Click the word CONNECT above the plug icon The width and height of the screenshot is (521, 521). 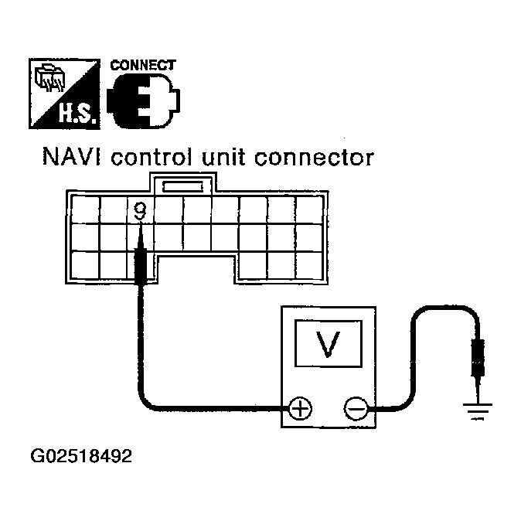[143, 65]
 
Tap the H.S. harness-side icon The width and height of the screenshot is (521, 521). [64, 94]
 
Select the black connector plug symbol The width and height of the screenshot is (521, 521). [144, 101]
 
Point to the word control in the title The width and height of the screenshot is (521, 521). [152, 157]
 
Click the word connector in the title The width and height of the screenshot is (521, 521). [314, 158]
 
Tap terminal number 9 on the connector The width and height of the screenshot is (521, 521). [141, 211]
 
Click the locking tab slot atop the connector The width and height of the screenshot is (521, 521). [182, 187]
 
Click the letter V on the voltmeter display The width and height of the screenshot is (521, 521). [329, 344]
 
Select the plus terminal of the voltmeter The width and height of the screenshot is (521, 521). [300, 408]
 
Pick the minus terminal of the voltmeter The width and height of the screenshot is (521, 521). [356, 408]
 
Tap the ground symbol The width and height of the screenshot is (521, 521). [478, 411]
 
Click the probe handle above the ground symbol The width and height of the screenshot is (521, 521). [478, 358]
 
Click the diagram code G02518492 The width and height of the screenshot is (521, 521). [81, 456]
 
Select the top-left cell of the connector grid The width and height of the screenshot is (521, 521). [85, 209]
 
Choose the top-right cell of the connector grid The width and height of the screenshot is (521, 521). [309, 209]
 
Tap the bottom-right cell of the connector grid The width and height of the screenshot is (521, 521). [309, 265]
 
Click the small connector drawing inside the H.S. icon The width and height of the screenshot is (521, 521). [49, 78]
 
